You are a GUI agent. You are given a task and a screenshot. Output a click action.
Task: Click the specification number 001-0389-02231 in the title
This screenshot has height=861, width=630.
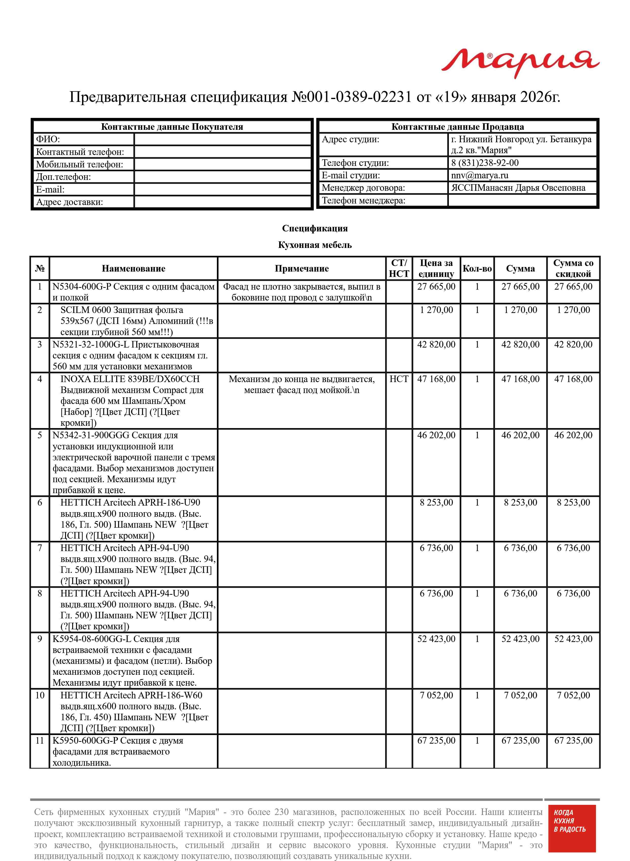[351, 97]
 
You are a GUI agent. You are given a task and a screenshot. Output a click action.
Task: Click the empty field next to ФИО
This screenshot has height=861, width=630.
[223, 139]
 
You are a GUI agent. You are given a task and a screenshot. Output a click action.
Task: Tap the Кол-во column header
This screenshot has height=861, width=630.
[477, 269]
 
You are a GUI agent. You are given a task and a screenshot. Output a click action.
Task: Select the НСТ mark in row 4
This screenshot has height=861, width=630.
[399, 379]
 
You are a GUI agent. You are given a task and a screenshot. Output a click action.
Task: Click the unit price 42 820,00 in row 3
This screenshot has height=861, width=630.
[436, 344]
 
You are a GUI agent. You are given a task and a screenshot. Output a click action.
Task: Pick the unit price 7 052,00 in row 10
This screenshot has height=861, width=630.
[436, 695]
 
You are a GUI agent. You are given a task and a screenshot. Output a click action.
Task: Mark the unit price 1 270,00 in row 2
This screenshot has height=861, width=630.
[436, 310]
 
